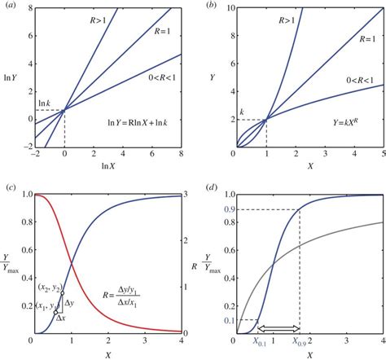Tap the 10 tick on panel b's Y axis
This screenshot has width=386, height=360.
tap(225, 7)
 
